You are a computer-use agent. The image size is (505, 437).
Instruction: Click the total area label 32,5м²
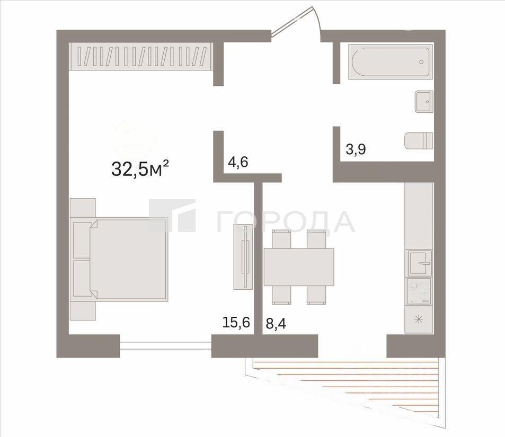click(140, 169)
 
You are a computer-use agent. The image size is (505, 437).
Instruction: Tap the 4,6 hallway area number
click(238, 162)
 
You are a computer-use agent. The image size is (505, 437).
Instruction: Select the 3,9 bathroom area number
click(356, 149)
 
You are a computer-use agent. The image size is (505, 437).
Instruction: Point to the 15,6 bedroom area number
click(236, 322)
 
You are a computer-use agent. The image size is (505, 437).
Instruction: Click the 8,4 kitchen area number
click(276, 323)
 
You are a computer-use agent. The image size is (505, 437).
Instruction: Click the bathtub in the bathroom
click(391, 61)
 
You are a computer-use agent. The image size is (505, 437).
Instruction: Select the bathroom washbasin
click(424, 102)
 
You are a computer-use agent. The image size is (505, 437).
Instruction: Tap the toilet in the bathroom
click(419, 141)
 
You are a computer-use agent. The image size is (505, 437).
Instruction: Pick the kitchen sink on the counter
click(420, 263)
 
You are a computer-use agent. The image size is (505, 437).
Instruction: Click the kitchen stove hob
click(419, 291)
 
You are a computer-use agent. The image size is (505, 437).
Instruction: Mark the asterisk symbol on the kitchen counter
click(419, 319)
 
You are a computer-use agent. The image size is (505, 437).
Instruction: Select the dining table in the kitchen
click(299, 267)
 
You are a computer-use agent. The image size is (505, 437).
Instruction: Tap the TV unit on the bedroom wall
click(243, 257)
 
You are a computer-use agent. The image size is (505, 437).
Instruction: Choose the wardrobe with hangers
click(140, 56)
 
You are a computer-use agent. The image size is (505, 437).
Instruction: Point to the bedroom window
click(165, 346)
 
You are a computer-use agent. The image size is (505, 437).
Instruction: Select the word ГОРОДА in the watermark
click(285, 221)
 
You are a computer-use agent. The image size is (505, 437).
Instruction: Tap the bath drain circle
click(421, 62)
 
